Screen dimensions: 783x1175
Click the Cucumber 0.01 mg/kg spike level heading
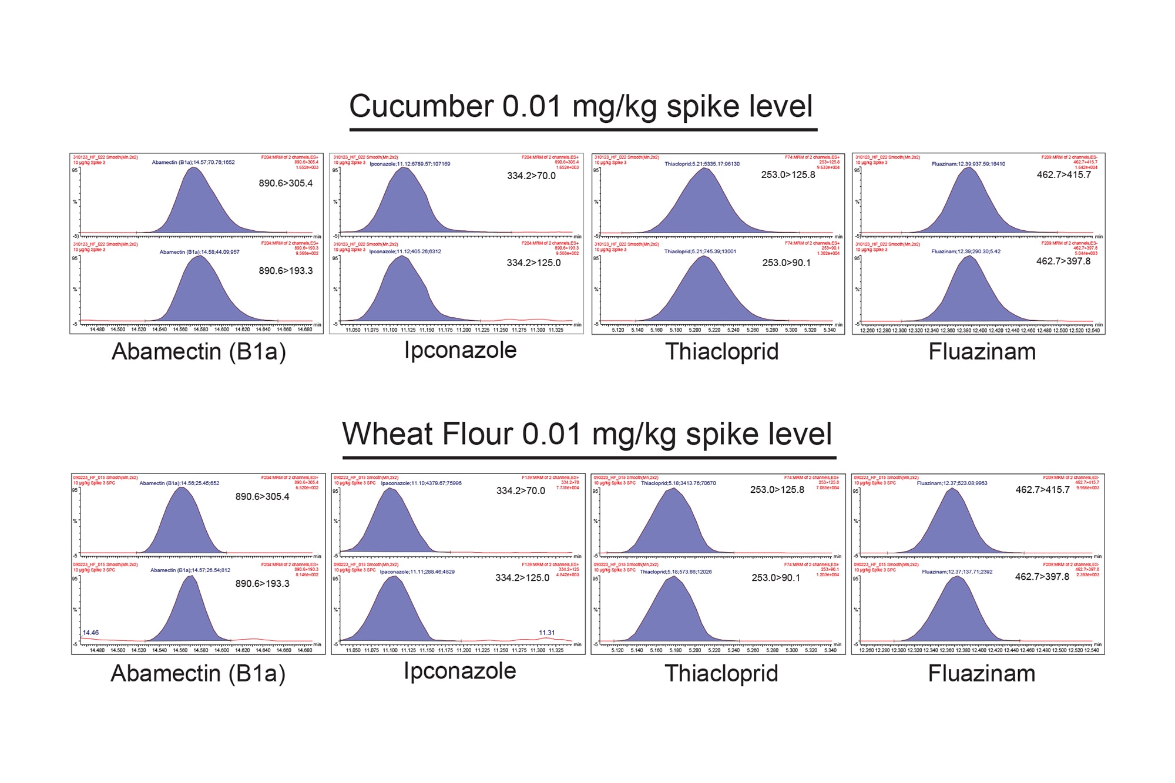[x=580, y=107]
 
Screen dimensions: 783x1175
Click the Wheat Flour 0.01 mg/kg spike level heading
[x=586, y=434]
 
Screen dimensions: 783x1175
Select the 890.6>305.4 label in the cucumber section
[x=286, y=183]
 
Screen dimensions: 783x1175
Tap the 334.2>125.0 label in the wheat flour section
[x=522, y=578]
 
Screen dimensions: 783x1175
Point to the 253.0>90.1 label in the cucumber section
[x=786, y=263]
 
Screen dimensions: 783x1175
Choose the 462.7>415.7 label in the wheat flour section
[x=1042, y=490]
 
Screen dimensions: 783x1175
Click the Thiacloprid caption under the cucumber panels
[x=721, y=352]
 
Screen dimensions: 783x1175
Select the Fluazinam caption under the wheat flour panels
[x=981, y=674]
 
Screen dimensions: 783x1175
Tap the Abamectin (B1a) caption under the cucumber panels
[x=199, y=352]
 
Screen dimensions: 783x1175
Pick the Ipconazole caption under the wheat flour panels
[x=459, y=671]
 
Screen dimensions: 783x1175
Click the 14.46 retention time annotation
[x=90, y=633]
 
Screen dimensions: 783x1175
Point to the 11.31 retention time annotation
[x=546, y=633]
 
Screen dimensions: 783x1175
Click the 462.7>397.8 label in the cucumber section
[x=1063, y=261]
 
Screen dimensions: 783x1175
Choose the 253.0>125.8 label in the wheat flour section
[x=777, y=490]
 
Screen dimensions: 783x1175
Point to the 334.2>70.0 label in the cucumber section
[x=531, y=176]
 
